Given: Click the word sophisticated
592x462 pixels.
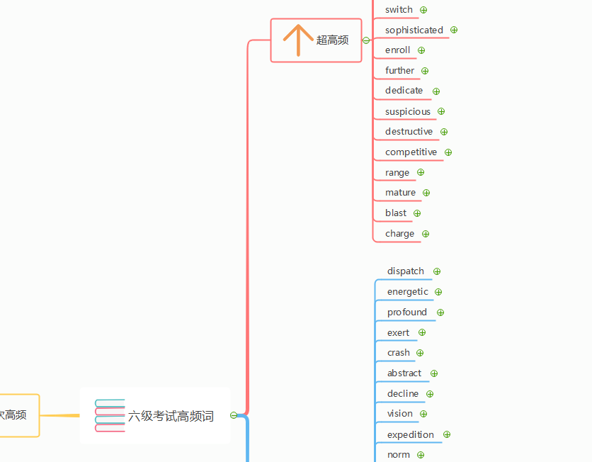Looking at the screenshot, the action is [x=414, y=30].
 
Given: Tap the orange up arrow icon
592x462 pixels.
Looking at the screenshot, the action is [x=298, y=40].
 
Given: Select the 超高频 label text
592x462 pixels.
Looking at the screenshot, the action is [x=332, y=40].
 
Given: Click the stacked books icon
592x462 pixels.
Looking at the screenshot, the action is [x=110, y=415].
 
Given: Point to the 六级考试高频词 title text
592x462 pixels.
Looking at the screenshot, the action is [x=171, y=416].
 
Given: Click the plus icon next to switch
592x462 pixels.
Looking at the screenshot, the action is [x=423, y=10].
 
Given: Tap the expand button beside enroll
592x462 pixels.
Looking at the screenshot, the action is [x=421, y=50].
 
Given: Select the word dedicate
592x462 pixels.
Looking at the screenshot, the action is [x=404, y=91].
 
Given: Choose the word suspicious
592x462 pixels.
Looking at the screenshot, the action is [x=408, y=112].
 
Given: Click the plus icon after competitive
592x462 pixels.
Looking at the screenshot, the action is [x=448, y=152].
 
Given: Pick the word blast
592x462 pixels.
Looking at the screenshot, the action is [x=396, y=213].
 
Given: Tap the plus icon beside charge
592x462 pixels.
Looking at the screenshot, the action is [x=426, y=235].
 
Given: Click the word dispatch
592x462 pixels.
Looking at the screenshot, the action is [x=406, y=271].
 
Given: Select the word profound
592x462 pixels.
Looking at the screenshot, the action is [x=407, y=312].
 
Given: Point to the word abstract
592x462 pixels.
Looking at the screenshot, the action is [x=404, y=373].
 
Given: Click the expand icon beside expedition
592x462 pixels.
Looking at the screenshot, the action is [x=447, y=434].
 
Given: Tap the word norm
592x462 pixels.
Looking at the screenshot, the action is [x=398, y=455].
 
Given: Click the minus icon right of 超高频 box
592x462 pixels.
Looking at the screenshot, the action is [x=366, y=40].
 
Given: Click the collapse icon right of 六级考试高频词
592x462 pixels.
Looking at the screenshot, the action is [x=234, y=415].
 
